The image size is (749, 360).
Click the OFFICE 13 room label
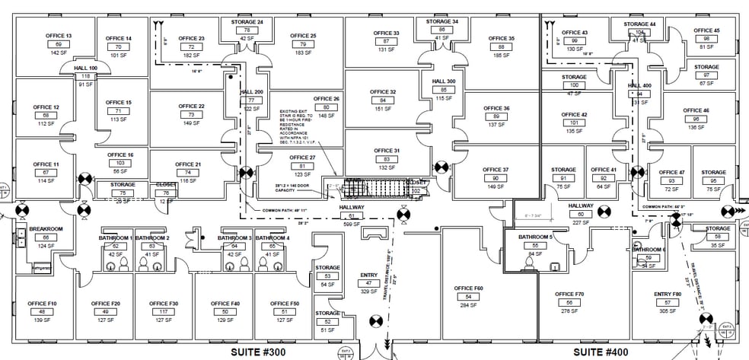[x=59, y=36]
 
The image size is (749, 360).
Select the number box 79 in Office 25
[x=303, y=45]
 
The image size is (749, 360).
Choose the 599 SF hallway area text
[x=352, y=224]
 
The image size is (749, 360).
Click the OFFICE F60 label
[x=468, y=288]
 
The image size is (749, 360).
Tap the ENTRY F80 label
[x=667, y=293]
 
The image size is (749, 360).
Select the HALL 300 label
[x=444, y=81]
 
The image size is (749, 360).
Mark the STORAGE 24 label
[x=247, y=22]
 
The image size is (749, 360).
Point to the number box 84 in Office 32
[x=383, y=100]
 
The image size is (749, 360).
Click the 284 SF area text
[x=468, y=305]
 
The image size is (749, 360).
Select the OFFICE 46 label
[x=696, y=110]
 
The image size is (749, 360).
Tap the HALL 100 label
[x=85, y=68]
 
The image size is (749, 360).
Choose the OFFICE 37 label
[x=496, y=169]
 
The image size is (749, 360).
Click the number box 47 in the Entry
[x=369, y=282]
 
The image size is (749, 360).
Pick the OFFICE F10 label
[x=43, y=304]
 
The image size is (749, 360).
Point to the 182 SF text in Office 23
[x=190, y=56]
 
